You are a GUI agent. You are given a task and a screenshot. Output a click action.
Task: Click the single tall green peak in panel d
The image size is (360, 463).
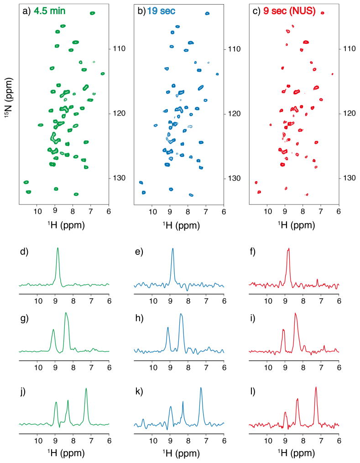pos(58,249)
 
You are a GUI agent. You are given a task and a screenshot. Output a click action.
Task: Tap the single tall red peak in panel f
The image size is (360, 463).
pos(288,250)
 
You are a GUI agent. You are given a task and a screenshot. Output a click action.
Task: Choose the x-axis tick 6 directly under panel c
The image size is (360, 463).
pos(339,212)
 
